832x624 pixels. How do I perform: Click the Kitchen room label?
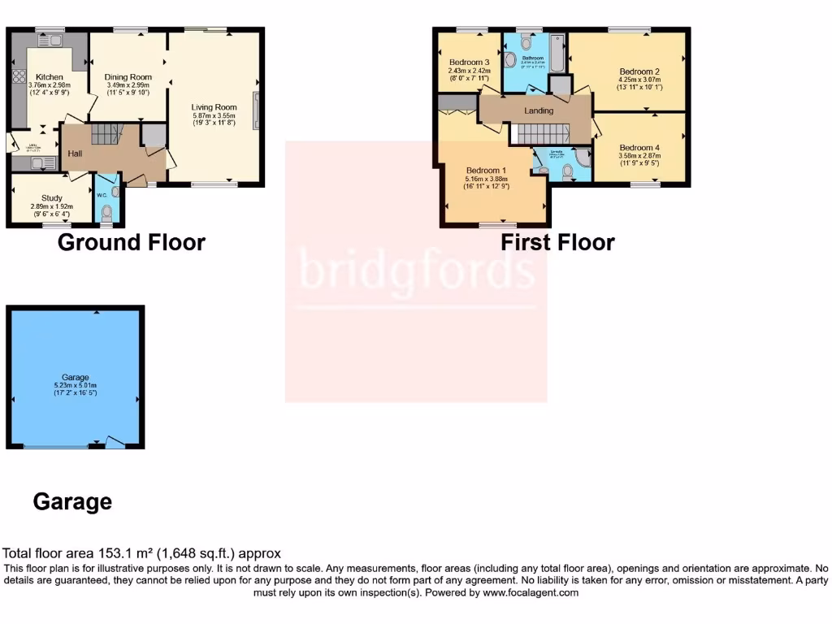click(50, 76)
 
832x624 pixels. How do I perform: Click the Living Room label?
click(214, 106)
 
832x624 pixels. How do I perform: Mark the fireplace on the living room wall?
click(257, 110)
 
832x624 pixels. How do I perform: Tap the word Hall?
click(74, 154)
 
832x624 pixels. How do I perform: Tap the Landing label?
click(538, 110)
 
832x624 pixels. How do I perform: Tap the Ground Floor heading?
click(131, 242)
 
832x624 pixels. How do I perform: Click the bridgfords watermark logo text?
click(417, 270)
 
